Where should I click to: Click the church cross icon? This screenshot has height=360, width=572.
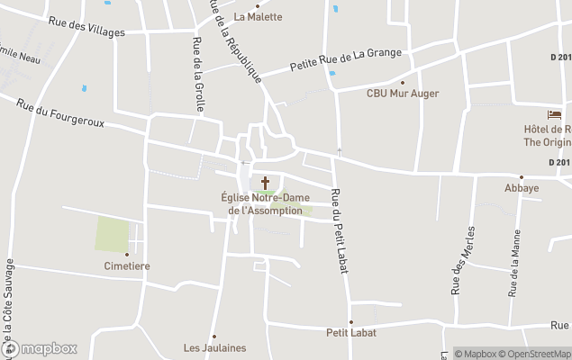tap(265, 184)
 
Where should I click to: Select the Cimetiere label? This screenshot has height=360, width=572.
tap(126, 266)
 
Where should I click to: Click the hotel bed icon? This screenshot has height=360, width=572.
tap(554, 115)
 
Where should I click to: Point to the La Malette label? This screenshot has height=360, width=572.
tap(258, 16)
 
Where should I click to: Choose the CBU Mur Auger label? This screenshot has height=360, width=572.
tap(402, 93)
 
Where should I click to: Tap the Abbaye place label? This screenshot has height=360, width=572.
tap(522, 188)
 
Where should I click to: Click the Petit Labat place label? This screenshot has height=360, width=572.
tap(351, 332)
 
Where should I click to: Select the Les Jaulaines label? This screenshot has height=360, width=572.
tap(214, 347)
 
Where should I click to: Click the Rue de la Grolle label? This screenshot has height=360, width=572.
tap(197, 75)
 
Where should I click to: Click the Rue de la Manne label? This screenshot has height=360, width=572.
tap(514, 268)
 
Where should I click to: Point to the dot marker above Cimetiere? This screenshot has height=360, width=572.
tap(126, 255)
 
